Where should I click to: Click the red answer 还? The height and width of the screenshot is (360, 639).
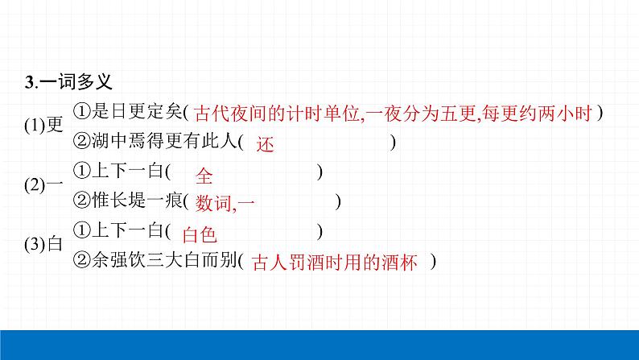click(x=266, y=144)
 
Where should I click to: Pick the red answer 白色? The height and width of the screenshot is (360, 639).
click(x=200, y=234)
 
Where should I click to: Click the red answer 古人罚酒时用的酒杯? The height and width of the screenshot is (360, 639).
click(x=335, y=263)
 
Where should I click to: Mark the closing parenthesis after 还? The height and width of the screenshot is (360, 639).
click(x=392, y=142)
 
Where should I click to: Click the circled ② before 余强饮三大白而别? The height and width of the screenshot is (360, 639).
click(x=80, y=261)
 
